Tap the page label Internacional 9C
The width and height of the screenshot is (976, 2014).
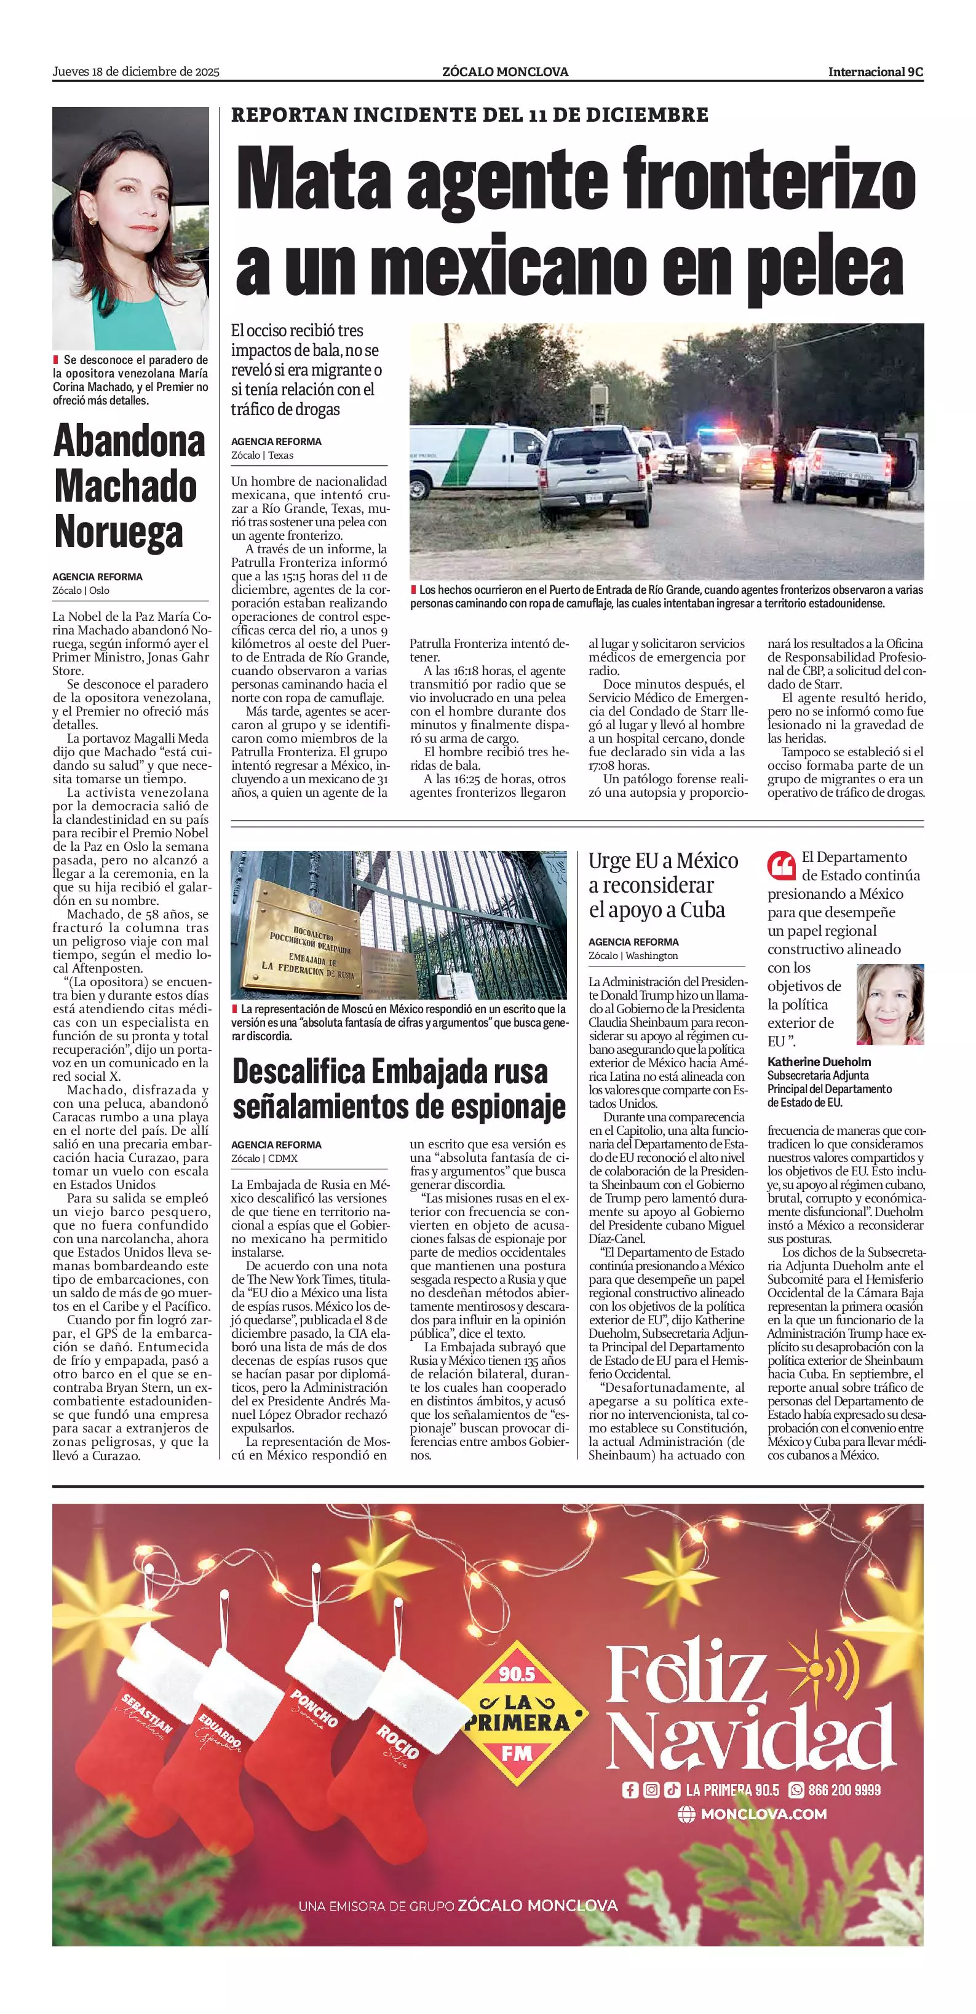875,72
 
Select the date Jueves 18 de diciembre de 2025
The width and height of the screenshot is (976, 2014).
136,72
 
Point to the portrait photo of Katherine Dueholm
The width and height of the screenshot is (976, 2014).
890,1004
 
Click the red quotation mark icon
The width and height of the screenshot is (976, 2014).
781,866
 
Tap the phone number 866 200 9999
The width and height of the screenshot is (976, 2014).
844,1790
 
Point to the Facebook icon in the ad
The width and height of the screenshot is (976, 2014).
630,1790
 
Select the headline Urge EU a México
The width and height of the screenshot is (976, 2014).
663,861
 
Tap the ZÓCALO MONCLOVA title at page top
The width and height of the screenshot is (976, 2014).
505,72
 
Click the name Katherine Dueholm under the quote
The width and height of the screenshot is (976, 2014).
819,1062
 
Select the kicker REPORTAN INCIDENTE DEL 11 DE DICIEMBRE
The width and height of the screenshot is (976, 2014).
469,115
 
